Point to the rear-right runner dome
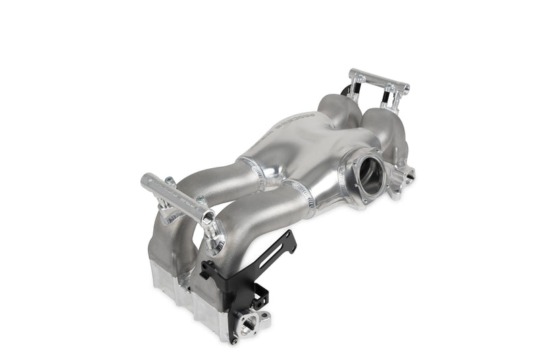pos(378,122)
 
